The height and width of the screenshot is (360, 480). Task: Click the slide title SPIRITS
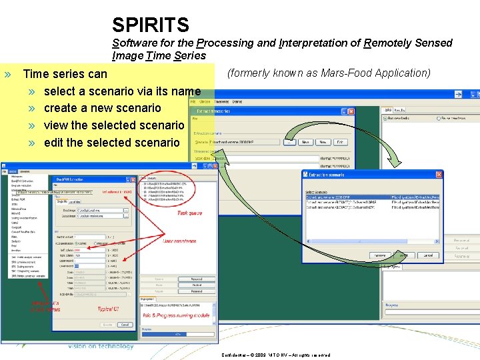151,25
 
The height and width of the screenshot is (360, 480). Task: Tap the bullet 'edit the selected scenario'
111,143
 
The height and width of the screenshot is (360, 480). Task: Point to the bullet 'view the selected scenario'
113,125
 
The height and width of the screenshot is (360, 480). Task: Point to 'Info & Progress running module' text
175,315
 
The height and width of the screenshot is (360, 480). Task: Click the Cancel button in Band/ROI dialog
125,325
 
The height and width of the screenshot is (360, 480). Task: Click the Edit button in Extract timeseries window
340,142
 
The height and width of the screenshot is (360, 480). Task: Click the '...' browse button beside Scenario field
289,142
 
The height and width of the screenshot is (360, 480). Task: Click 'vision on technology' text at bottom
101,345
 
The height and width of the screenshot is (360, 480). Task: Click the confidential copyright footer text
276,355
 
